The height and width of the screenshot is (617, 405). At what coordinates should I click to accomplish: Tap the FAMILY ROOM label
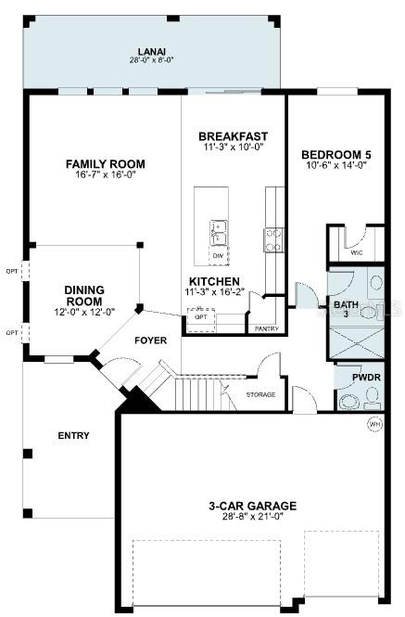pos(105,164)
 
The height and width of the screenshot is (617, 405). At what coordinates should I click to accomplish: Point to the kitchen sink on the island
pos(218,230)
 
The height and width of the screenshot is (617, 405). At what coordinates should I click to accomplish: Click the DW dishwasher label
pos(217,254)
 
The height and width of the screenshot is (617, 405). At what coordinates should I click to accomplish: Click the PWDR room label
pos(356,378)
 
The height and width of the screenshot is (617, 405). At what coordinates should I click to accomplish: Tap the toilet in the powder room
pos(351,401)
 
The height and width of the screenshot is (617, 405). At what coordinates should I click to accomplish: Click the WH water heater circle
pos(375,424)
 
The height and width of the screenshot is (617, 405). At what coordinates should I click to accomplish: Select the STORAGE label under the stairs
pos(260,394)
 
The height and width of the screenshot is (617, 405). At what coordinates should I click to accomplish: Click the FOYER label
pos(150,341)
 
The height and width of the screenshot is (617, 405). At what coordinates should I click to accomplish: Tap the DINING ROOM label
pos(83,295)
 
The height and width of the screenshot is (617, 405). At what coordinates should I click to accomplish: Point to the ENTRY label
pos(72,435)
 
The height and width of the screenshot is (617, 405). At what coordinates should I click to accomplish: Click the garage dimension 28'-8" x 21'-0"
pos(252,518)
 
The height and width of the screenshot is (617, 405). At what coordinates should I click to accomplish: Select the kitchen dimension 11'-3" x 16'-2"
pos(215,292)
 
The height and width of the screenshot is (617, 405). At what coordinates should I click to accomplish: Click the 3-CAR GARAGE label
pos(252,506)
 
